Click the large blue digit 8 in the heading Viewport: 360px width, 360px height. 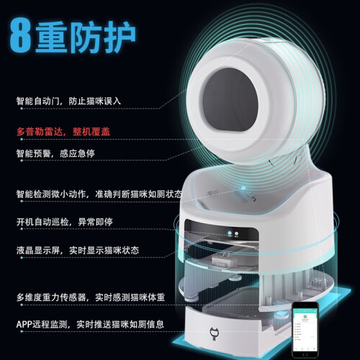coord(20,35)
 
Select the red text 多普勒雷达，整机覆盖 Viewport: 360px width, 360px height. coord(63,132)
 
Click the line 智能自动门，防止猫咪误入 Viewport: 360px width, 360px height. coord(68,101)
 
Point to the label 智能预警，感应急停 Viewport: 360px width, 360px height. coord(55,153)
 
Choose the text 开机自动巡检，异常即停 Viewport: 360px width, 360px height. coord(64,222)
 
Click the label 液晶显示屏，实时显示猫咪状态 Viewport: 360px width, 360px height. coord(78,251)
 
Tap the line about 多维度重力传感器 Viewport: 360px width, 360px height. coord(91,297)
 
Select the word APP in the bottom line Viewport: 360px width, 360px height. coord(24,325)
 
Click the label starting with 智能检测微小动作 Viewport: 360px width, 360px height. coord(99,194)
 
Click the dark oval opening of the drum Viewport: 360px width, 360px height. coord(230,99)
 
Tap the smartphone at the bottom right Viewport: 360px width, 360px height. coord(305,330)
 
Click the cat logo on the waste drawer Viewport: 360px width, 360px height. coord(213,334)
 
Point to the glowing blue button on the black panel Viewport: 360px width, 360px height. coord(230,233)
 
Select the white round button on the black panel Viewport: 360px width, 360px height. coord(236,233)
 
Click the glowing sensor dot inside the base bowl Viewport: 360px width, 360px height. coord(243,188)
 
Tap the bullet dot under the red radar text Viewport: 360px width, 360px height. coord(22,139)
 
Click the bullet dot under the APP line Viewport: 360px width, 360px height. coord(22,331)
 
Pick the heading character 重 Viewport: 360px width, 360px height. coord(51,37)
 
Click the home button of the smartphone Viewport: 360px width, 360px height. coord(305,354)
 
